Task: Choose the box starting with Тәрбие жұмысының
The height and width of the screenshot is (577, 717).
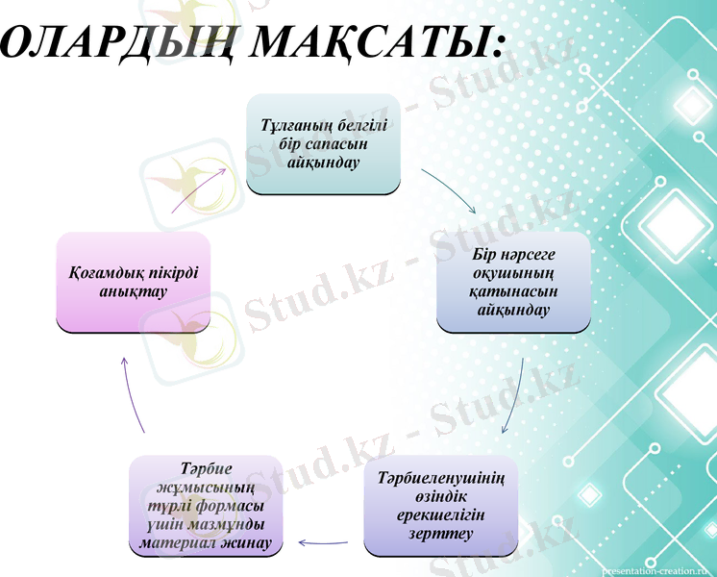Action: click(x=205, y=506)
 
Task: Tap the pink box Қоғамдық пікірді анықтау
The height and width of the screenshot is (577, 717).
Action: click(x=133, y=281)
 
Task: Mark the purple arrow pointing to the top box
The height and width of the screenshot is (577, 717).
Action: click(x=199, y=188)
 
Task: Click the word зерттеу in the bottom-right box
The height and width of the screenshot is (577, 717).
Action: click(x=441, y=532)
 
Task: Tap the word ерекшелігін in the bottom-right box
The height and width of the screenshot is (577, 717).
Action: click(x=441, y=514)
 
